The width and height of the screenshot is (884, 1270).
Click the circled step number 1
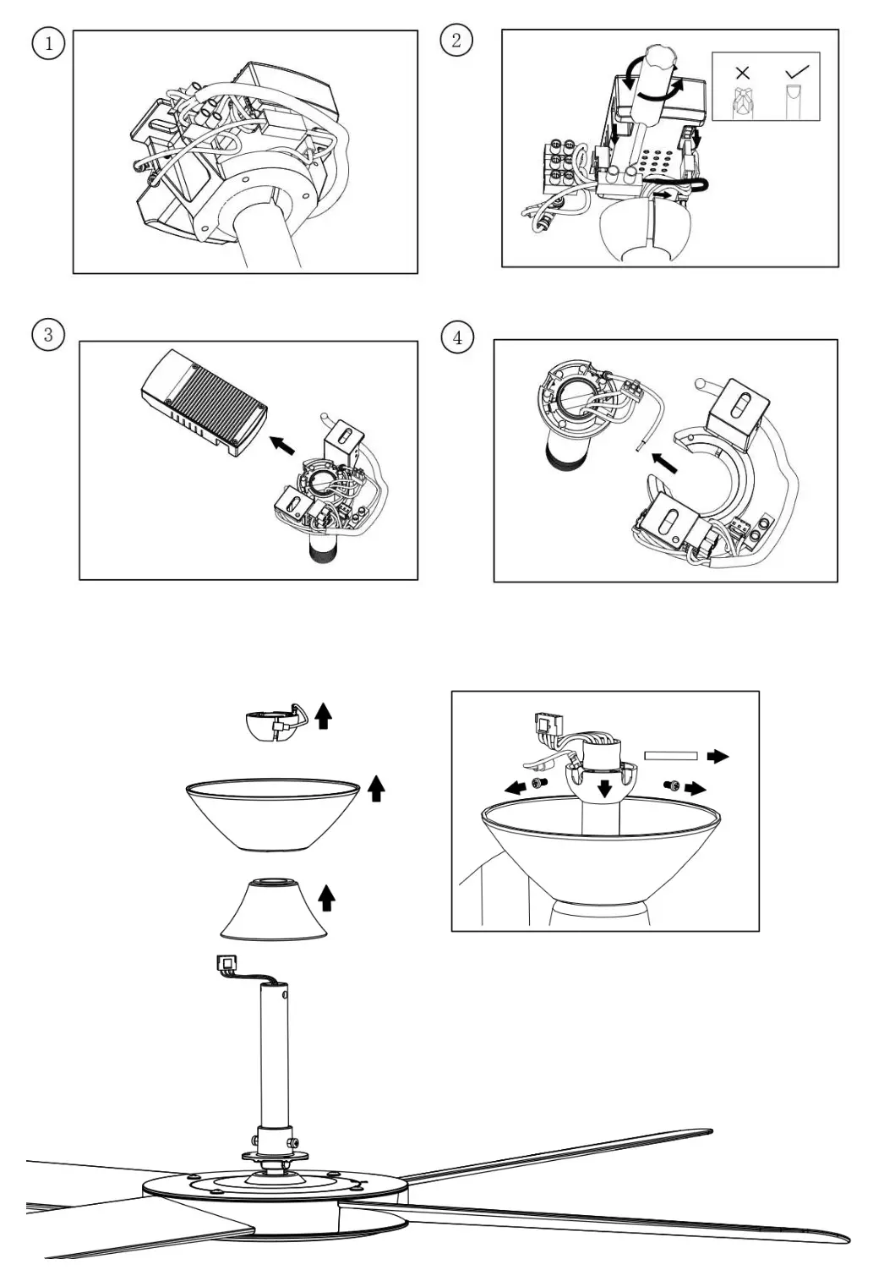(48, 43)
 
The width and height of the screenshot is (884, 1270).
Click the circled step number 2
(456, 40)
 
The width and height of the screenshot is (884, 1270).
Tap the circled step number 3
(47, 335)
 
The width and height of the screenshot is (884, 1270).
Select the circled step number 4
(457, 337)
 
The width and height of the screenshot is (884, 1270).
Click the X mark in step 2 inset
(742, 73)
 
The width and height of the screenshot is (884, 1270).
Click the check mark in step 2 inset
(796, 72)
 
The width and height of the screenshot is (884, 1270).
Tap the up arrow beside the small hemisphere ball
(323, 717)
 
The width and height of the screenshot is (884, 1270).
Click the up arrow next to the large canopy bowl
(377, 789)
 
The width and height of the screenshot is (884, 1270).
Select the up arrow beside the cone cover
(326, 897)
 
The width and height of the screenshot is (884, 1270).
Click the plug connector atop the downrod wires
(227, 962)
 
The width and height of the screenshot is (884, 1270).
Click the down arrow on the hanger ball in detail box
(604, 788)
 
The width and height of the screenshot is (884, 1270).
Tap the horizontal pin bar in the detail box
(670, 756)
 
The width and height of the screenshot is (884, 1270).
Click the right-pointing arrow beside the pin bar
(718, 756)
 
